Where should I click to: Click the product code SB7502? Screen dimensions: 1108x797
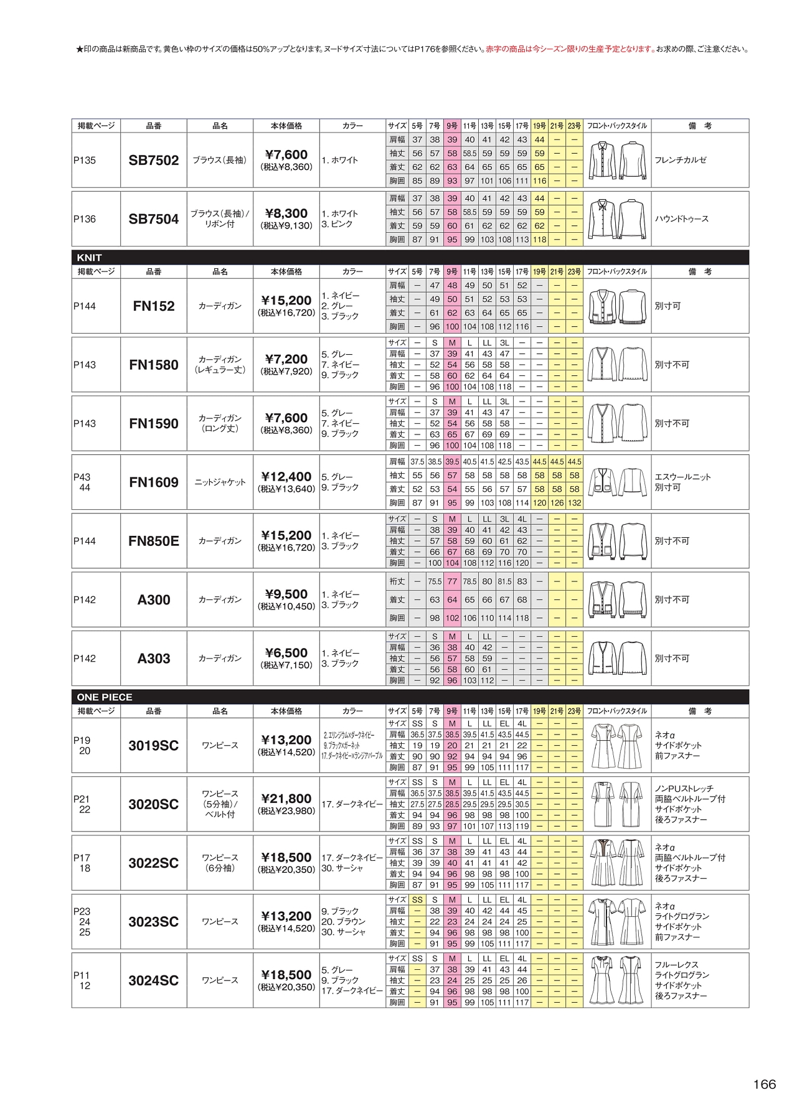point(153,161)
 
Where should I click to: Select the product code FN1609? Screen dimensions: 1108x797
point(153,482)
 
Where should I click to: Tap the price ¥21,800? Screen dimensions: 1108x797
point(286,799)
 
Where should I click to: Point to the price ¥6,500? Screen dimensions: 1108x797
point(286,653)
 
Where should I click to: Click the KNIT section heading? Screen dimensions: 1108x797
point(90,258)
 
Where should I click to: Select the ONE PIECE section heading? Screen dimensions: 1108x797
point(105,697)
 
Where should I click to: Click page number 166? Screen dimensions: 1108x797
point(764,1084)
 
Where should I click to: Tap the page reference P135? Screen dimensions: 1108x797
point(85,161)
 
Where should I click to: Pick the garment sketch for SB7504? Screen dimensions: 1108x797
point(616,219)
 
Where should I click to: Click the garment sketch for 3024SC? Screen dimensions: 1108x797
point(616,980)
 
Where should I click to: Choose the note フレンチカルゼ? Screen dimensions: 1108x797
point(681,161)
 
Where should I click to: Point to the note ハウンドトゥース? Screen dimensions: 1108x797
point(681,219)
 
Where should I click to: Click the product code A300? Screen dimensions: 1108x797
point(153,600)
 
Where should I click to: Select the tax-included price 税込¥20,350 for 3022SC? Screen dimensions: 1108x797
point(286,870)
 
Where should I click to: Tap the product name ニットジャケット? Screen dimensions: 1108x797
point(220,482)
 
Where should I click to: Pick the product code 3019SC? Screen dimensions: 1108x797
point(153,746)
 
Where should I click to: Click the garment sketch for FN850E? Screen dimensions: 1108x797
point(616,541)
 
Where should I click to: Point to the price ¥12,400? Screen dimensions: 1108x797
point(286,477)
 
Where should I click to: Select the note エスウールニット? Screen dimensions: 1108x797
point(682,477)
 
